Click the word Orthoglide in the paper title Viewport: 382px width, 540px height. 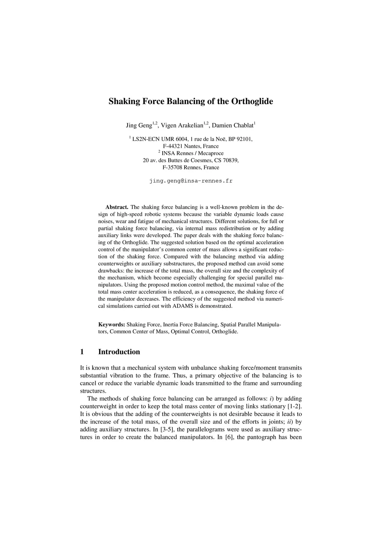tap(252, 101)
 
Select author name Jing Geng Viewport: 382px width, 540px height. tap(139, 125)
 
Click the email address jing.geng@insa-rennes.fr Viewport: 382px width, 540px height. tap(191, 181)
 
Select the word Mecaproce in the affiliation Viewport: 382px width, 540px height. tap(211, 153)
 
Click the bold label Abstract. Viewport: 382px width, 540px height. tap(117, 207)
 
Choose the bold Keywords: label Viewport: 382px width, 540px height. tap(112, 324)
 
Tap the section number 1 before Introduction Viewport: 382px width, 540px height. tap(82, 352)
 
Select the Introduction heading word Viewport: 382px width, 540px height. tap(119, 352)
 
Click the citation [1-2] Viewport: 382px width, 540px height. tap(295, 406)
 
